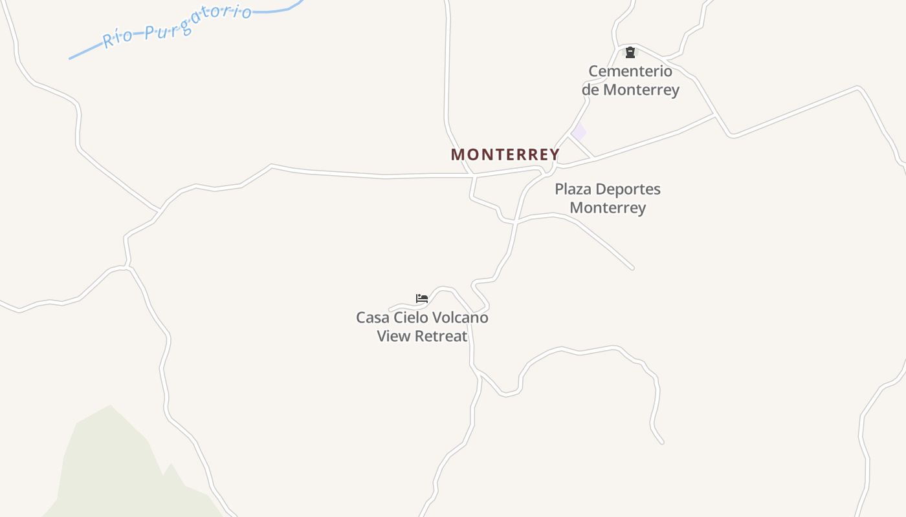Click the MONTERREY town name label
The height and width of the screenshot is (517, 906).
click(505, 155)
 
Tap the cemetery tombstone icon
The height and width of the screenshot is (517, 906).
click(630, 52)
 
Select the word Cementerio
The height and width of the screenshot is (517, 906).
click(630, 71)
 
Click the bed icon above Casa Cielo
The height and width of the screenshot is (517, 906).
click(422, 299)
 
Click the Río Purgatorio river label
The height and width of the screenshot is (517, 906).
click(177, 26)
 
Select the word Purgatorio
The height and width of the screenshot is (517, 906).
click(197, 22)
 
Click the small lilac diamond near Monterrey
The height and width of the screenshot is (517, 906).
click(579, 131)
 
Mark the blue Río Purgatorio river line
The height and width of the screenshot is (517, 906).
click(84, 53)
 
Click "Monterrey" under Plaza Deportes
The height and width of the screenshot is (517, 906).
click(608, 208)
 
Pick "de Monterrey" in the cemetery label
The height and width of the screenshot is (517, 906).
click(630, 90)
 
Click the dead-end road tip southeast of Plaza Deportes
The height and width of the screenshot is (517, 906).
click(632, 267)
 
